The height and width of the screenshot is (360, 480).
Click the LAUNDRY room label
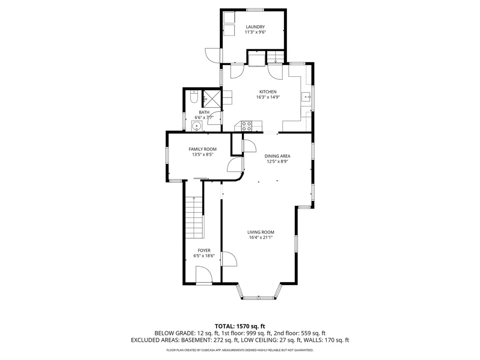coord(255,27)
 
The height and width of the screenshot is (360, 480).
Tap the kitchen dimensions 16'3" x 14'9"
coord(268,97)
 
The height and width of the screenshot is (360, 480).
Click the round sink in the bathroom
coord(196,126)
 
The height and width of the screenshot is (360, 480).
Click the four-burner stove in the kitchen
coord(247,126)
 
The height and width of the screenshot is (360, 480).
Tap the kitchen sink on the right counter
coord(306,97)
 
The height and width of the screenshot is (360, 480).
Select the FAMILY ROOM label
coord(202,149)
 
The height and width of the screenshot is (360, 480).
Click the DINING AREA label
coord(277,156)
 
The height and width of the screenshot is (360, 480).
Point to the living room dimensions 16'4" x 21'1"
coord(261,237)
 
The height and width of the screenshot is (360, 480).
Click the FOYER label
coord(204,250)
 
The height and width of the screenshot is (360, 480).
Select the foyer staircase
coord(194,217)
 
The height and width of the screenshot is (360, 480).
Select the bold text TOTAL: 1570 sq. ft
coord(240,326)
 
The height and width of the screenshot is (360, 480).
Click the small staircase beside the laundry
coord(276,57)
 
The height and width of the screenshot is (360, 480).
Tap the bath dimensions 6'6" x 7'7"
coord(204,118)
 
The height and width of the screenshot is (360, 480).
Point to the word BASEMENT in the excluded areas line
coord(195,340)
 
